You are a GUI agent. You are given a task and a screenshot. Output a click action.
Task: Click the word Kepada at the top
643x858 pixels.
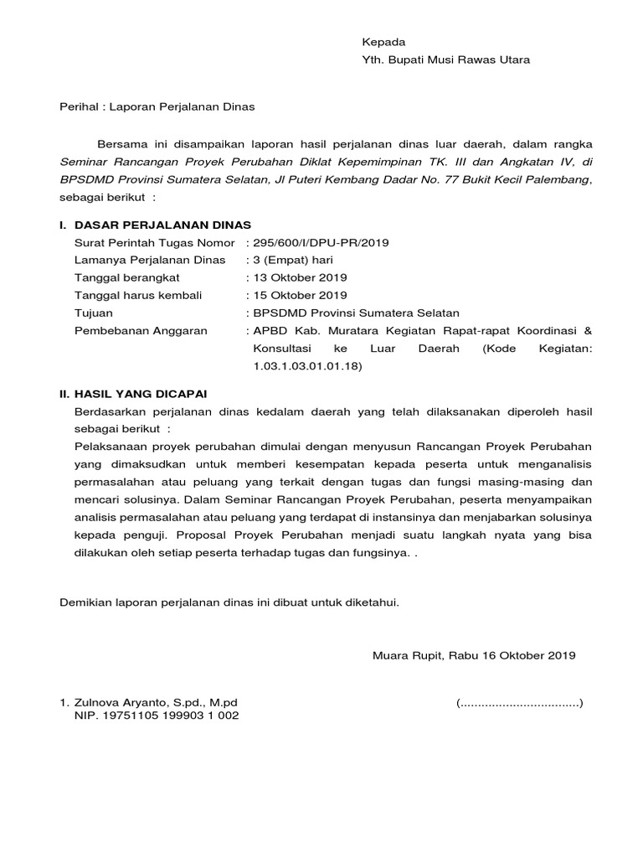[x=383, y=42]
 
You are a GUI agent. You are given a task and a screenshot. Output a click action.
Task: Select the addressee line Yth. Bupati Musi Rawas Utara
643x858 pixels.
[x=445, y=60]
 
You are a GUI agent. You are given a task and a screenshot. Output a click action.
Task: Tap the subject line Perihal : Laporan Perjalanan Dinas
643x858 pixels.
[x=157, y=107]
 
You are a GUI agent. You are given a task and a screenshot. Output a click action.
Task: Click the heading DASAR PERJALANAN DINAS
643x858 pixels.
[x=162, y=225]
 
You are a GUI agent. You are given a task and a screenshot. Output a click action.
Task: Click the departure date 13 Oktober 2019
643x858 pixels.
[x=300, y=278]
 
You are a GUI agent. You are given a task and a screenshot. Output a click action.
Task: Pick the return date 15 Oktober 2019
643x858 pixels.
[x=300, y=296]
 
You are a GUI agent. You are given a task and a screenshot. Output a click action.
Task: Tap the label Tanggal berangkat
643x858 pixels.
[x=127, y=278]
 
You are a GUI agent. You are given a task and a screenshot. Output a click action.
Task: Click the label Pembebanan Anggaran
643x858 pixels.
[x=141, y=331]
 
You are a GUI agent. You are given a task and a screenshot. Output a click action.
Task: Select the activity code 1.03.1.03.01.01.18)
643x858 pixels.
[x=307, y=366]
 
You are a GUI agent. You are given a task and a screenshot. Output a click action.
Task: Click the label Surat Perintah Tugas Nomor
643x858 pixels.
[x=155, y=243]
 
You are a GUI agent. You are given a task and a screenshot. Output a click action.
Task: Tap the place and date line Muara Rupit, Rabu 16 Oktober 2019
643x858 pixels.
[x=474, y=656]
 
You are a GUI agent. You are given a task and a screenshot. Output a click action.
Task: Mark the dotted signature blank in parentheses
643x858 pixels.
[x=520, y=702]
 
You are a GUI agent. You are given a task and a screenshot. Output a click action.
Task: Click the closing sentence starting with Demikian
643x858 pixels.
[x=229, y=602]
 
